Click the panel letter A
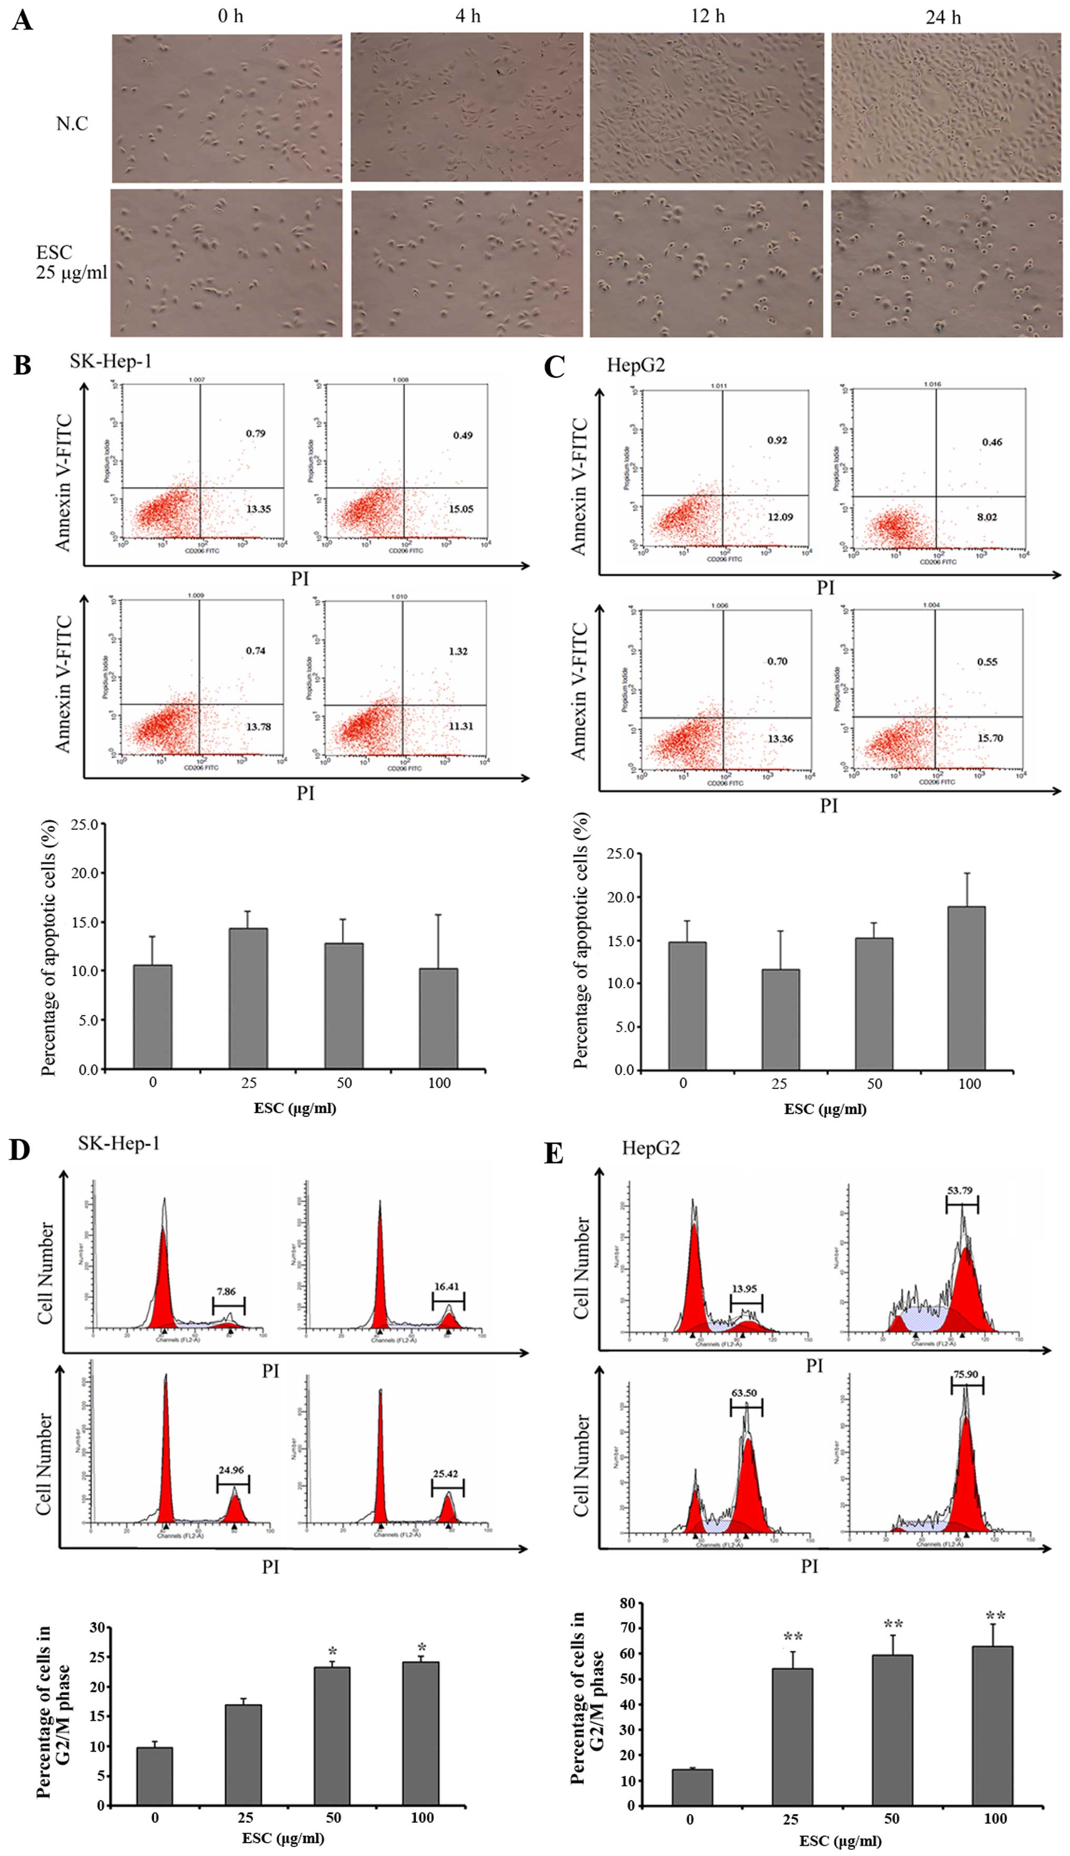coord(22,20)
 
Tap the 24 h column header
coord(943,17)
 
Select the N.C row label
coord(72,123)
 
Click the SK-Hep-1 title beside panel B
coord(111,362)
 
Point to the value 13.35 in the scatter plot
coord(258,509)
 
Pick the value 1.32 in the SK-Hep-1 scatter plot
coord(458,650)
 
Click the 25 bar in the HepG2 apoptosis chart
coord(780,1019)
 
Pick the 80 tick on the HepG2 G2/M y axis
coord(627,1603)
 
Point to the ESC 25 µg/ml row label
coord(70,263)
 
